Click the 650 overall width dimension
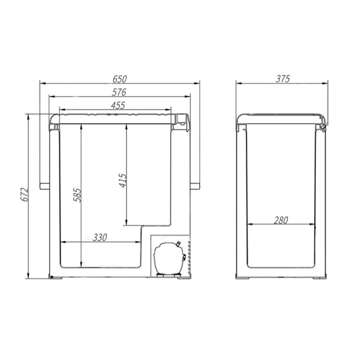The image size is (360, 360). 119,79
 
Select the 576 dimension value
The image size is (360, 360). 119,93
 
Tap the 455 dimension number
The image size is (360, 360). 118,105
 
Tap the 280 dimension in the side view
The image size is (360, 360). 281,220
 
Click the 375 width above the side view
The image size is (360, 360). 282,79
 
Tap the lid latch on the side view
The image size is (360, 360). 323,124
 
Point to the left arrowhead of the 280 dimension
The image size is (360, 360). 249,225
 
